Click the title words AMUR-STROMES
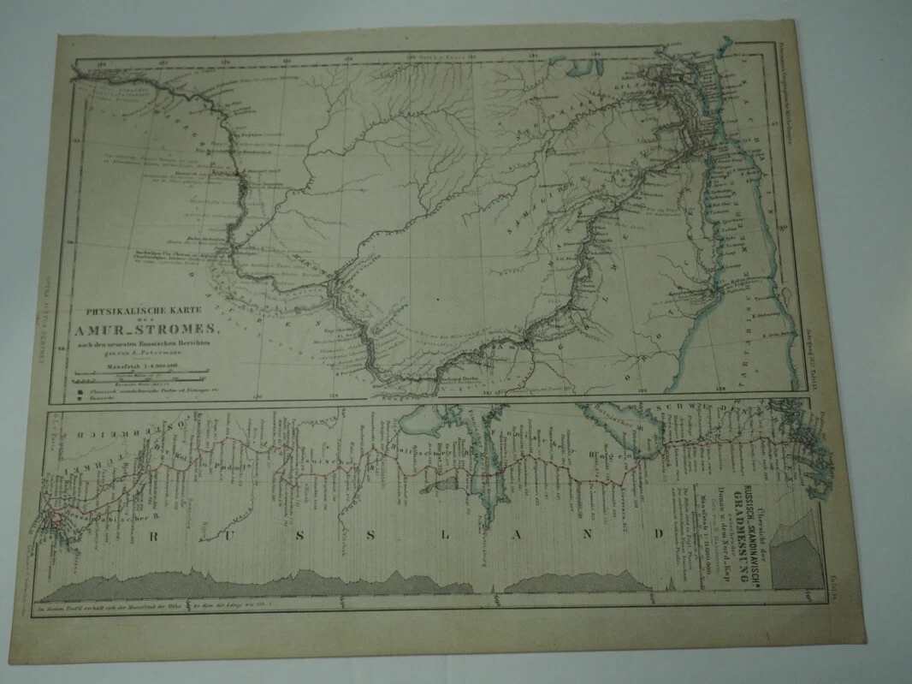(149, 326)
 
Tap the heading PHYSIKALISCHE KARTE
(145, 312)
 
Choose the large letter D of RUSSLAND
(659, 535)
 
